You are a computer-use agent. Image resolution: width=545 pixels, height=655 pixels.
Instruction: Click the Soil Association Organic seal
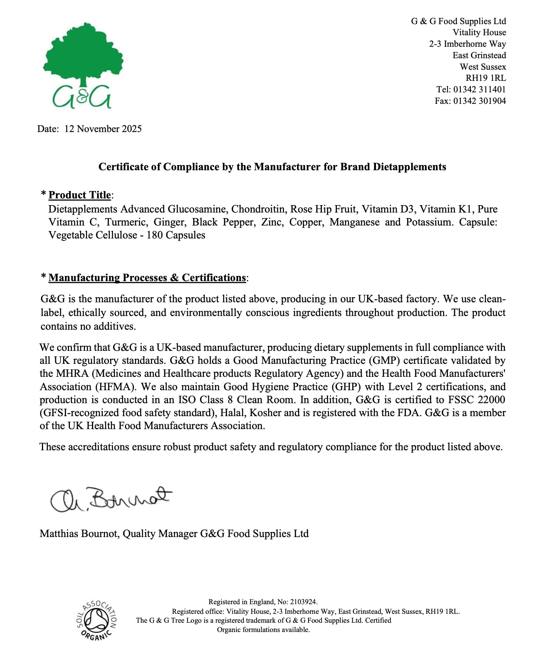(97, 620)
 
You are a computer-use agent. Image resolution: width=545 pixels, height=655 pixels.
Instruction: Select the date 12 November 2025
(103, 129)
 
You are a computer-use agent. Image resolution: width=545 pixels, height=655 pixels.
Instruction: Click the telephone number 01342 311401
(479, 89)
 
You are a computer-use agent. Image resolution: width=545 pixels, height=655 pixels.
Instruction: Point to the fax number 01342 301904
(479, 101)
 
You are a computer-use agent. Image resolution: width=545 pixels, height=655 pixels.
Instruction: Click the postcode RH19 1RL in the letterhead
(486, 78)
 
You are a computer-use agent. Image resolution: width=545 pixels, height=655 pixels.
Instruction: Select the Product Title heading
(80, 195)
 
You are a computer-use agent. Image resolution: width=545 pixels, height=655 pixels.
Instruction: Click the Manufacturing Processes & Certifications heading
(147, 278)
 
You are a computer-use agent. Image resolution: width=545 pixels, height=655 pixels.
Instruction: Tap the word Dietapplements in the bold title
(409, 167)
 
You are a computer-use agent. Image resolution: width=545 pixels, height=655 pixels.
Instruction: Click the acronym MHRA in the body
(70, 373)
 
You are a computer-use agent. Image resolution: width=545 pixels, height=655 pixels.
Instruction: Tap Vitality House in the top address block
(479, 33)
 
